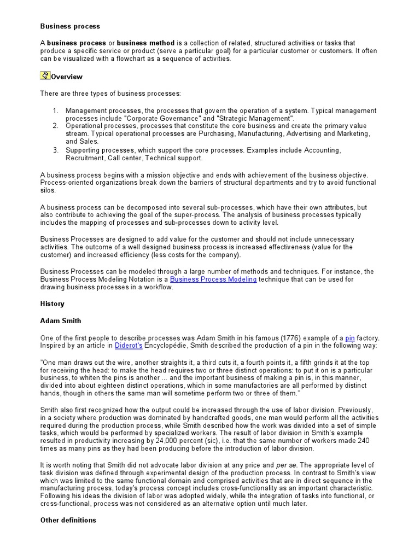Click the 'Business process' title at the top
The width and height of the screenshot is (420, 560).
(70, 26)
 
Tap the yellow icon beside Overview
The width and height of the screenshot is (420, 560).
(45, 76)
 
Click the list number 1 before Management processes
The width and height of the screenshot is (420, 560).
(55, 110)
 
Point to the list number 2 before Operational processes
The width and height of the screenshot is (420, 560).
(55, 126)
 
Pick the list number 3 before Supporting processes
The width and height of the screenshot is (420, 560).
(55, 150)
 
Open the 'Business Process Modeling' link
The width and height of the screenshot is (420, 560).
(213, 279)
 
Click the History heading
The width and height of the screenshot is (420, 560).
(52, 304)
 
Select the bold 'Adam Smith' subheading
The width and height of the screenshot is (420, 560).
(61, 321)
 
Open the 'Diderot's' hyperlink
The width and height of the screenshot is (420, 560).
(128, 346)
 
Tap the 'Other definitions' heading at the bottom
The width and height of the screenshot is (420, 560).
(68, 520)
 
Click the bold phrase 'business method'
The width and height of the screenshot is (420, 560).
(145, 43)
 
